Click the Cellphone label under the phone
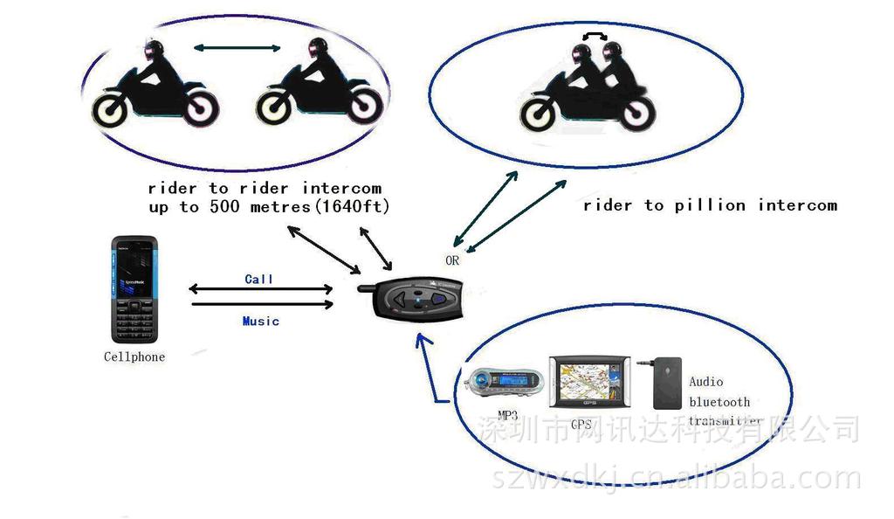point(134,356)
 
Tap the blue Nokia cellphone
point(134,288)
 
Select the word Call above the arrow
point(259,279)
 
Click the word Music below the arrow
point(260,321)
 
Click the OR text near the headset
point(452,259)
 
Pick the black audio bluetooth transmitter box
point(669,382)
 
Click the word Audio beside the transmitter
point(706,381)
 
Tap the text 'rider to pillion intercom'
point(710,205)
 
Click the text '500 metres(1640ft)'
point(297,207)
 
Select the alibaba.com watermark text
point(677,479)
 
